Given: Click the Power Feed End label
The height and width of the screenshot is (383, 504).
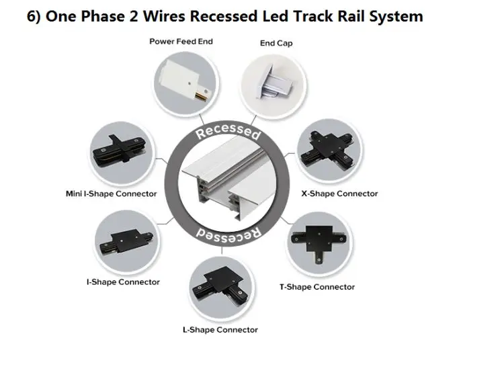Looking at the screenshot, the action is (181, 42).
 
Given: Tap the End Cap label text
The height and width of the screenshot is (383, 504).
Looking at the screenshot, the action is (276, 44).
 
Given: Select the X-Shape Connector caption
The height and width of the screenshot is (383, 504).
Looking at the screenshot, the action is (339, 194).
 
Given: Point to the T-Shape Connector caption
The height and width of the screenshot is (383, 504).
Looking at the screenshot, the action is (317, 287).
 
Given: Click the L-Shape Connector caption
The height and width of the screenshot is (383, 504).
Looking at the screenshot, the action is (220, 330).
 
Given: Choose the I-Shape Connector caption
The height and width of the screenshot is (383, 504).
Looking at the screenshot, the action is (123, 282).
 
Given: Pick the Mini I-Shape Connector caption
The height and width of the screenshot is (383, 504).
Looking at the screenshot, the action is (111, 194).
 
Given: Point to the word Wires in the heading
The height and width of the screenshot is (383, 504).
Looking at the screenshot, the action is (161, 16).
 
